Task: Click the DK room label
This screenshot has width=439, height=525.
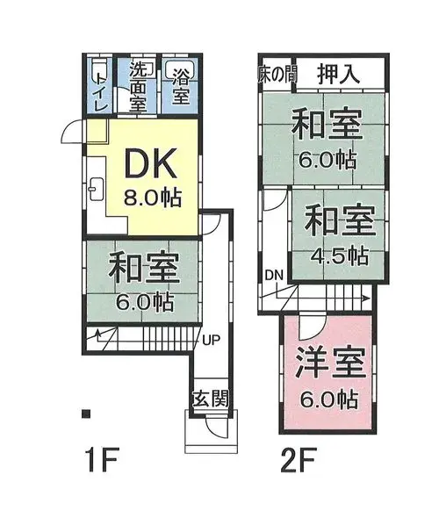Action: click(x=150, y=164)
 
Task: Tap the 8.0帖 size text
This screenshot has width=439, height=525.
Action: click(x=153, y=198)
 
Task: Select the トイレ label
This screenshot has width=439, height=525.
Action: click(x=102, y=91)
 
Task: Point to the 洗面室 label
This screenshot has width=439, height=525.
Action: click(x=139, y=86)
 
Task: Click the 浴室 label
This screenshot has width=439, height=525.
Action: click(x=181, y=89)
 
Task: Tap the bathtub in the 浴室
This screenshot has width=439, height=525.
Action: click(x=180, y=69)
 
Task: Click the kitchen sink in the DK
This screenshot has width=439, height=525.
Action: click(x=97, y=189)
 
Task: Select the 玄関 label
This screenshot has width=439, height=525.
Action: click(x=211, y=399)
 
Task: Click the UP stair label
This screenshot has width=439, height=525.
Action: click(x=212, y=340)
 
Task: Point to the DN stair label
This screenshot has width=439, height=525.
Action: click(x=274, y=275)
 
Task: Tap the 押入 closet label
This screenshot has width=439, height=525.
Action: click(x=339, y=74)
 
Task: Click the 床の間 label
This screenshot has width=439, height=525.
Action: click(x=277, y=75)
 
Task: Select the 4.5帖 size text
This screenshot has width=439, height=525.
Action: click(x=340, y=256)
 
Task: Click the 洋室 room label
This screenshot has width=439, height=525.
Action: click(x=330, y=363)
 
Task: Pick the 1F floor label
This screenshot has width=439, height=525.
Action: click(x=101, y=461)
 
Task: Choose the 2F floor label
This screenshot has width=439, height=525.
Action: click(x=299, y=461)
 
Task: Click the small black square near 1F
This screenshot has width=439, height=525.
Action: click(x=86, y=414)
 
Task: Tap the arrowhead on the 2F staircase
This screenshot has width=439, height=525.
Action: click(x=366, y=298)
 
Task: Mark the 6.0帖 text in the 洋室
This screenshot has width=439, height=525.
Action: click(x=328, y=399)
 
